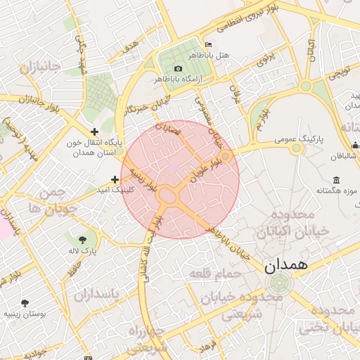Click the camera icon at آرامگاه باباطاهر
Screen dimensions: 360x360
(178, 68)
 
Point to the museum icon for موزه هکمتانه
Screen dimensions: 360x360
(337, 179)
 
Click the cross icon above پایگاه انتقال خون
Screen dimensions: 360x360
(95, 131)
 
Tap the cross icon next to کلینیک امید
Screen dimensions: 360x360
(115, 179)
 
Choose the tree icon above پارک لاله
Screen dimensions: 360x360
(84, 239)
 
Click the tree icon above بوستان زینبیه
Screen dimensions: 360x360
(25, 303)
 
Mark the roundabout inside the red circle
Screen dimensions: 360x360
(167, 195)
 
